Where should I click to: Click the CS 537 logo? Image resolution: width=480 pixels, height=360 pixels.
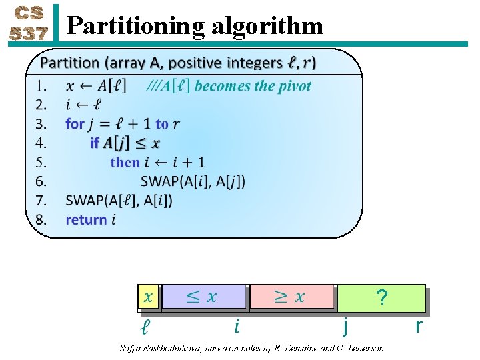click(x=27, y=24)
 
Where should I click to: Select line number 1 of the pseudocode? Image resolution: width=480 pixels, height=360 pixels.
click(x=41, y=86)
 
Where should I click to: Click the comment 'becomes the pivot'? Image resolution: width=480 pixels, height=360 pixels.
click(x=253, y=86)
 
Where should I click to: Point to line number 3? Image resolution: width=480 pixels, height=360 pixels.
click(x=41, y=124)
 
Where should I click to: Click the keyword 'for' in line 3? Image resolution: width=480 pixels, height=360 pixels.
click(x=75, y=124)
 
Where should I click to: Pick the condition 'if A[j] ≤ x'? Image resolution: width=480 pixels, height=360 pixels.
click(x=125, y=143)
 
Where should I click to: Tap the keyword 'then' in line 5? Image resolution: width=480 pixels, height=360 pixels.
click(x=125, y=162)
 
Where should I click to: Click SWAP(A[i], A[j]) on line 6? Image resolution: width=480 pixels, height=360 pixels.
click(x=193, y=181)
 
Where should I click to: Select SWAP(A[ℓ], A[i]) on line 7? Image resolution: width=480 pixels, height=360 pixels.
click(x=119, y=201)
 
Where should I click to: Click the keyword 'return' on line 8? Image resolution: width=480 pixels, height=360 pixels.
click(x=86, y=220)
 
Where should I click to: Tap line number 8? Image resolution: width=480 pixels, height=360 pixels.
click(x=41, y=220)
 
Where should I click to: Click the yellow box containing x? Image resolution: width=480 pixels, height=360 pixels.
click(x=148, y=297)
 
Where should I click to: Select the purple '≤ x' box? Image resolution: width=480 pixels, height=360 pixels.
click(x=204, y=297)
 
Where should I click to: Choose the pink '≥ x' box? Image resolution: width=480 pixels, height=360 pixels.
click(x=291, y=297)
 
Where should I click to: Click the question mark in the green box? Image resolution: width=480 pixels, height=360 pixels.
click(x=381, y=298)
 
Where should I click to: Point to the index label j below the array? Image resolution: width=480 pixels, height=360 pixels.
click(x=345, y=327)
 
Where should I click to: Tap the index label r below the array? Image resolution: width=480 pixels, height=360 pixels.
click(x=419, y=326)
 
